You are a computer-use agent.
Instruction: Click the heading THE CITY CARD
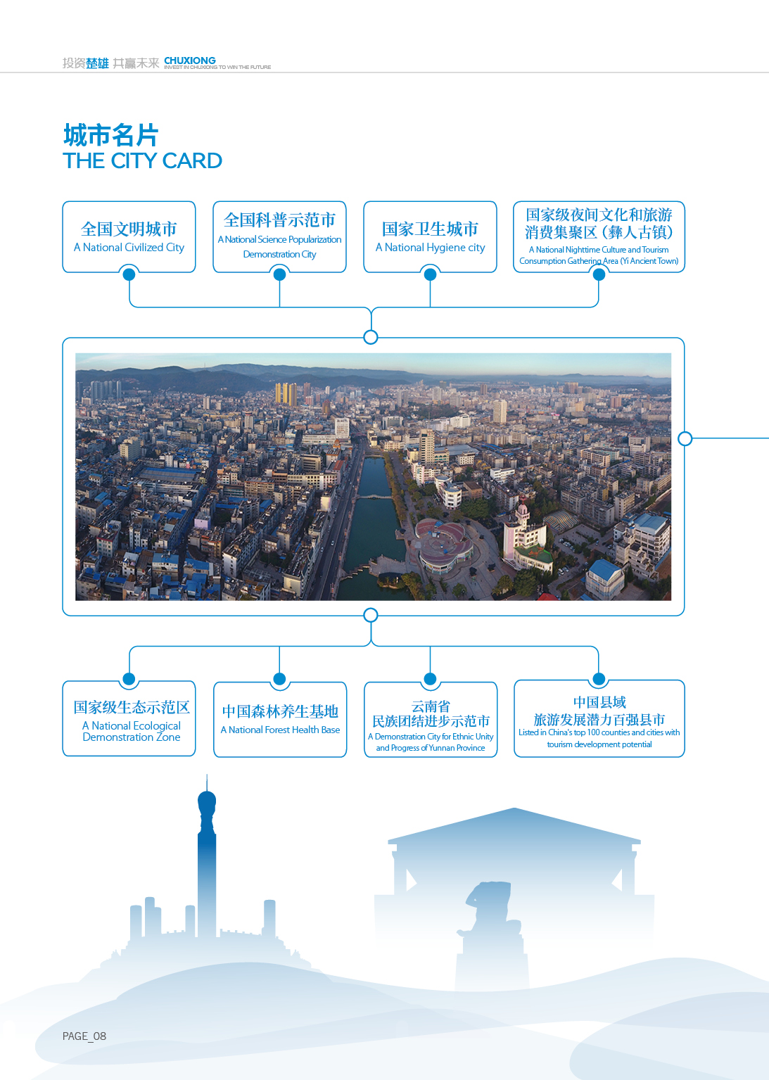(x=142, y=160)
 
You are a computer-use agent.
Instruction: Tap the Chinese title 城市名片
(x=111, y=135)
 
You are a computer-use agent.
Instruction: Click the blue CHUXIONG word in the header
(x=190, y=61)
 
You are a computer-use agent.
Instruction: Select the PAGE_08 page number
(x=84, y=1036)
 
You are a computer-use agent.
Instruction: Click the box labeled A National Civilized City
(x=129, y=236)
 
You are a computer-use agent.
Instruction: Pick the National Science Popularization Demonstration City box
(x=279, y=236)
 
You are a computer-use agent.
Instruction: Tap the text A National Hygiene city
(x=430, y=248)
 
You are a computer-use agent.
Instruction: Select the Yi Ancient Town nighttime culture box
(x=599, y=236)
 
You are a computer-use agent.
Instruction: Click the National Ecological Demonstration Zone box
(x=129, y=718)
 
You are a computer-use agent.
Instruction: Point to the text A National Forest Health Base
(x=280, y=730)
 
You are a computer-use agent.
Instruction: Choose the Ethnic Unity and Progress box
(x=431, y=719)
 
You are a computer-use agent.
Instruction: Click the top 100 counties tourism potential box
(x=599, y=718)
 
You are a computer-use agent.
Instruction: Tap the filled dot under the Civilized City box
(x=129, y=274)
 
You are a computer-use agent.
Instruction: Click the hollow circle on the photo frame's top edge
(x=370, y=337)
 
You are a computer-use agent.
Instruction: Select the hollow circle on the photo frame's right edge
(x=685, y=438)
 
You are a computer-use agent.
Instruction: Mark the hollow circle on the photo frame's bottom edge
(x=370, y=615)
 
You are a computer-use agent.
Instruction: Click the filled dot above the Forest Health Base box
(x=279, y=679)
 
